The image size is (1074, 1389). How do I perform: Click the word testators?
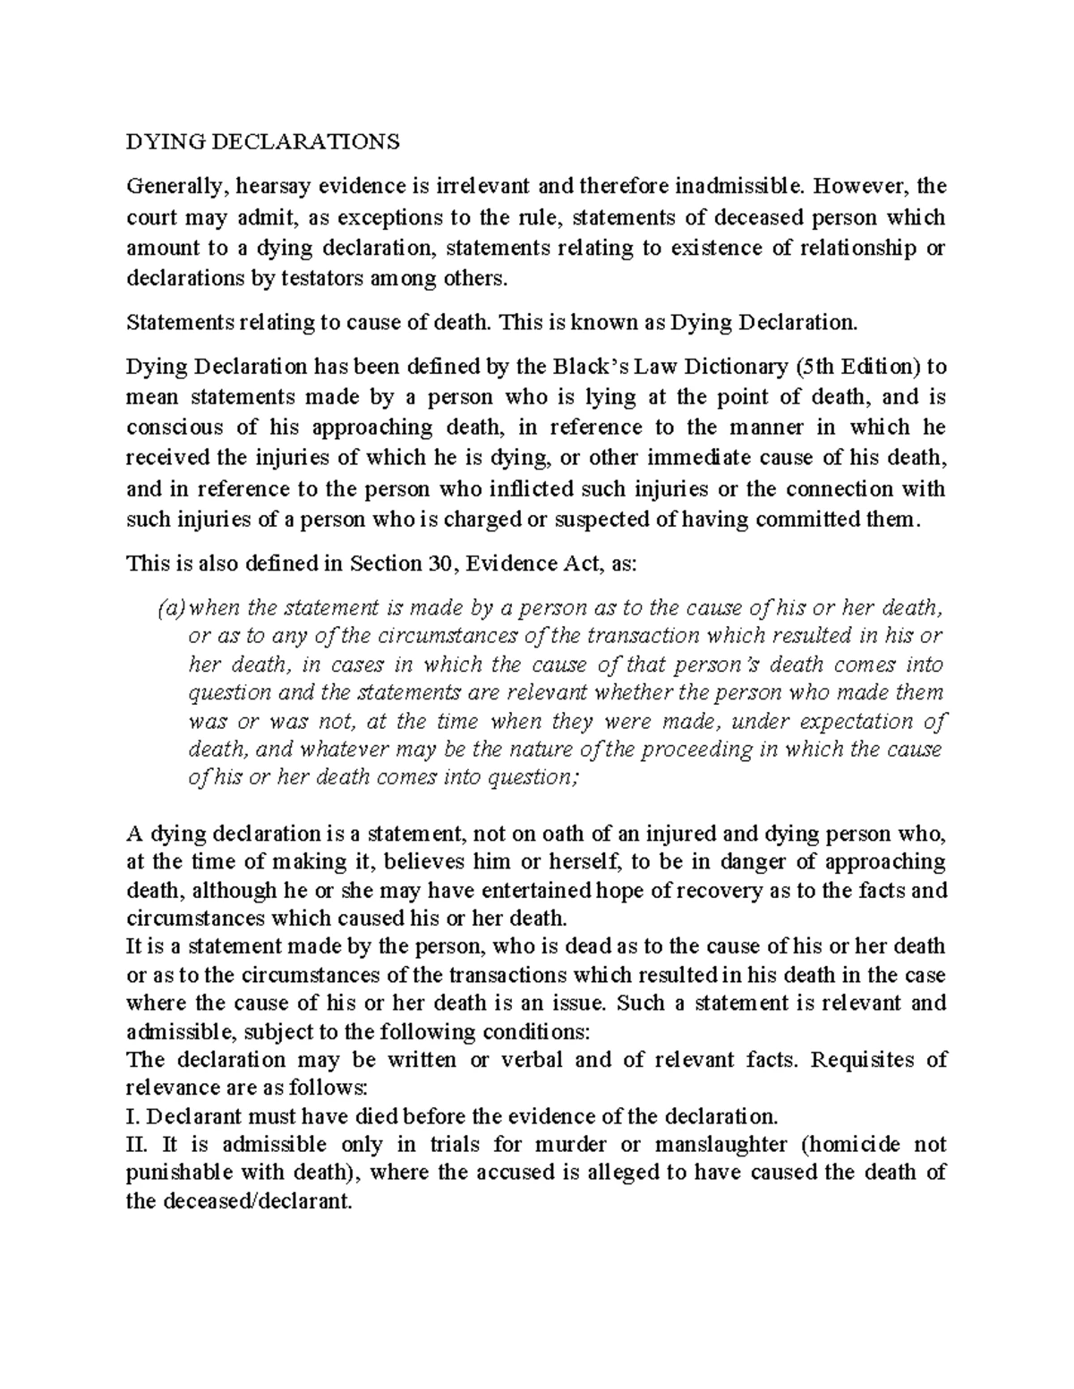pos(295,278)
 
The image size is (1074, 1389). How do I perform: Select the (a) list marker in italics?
pos(170,609)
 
